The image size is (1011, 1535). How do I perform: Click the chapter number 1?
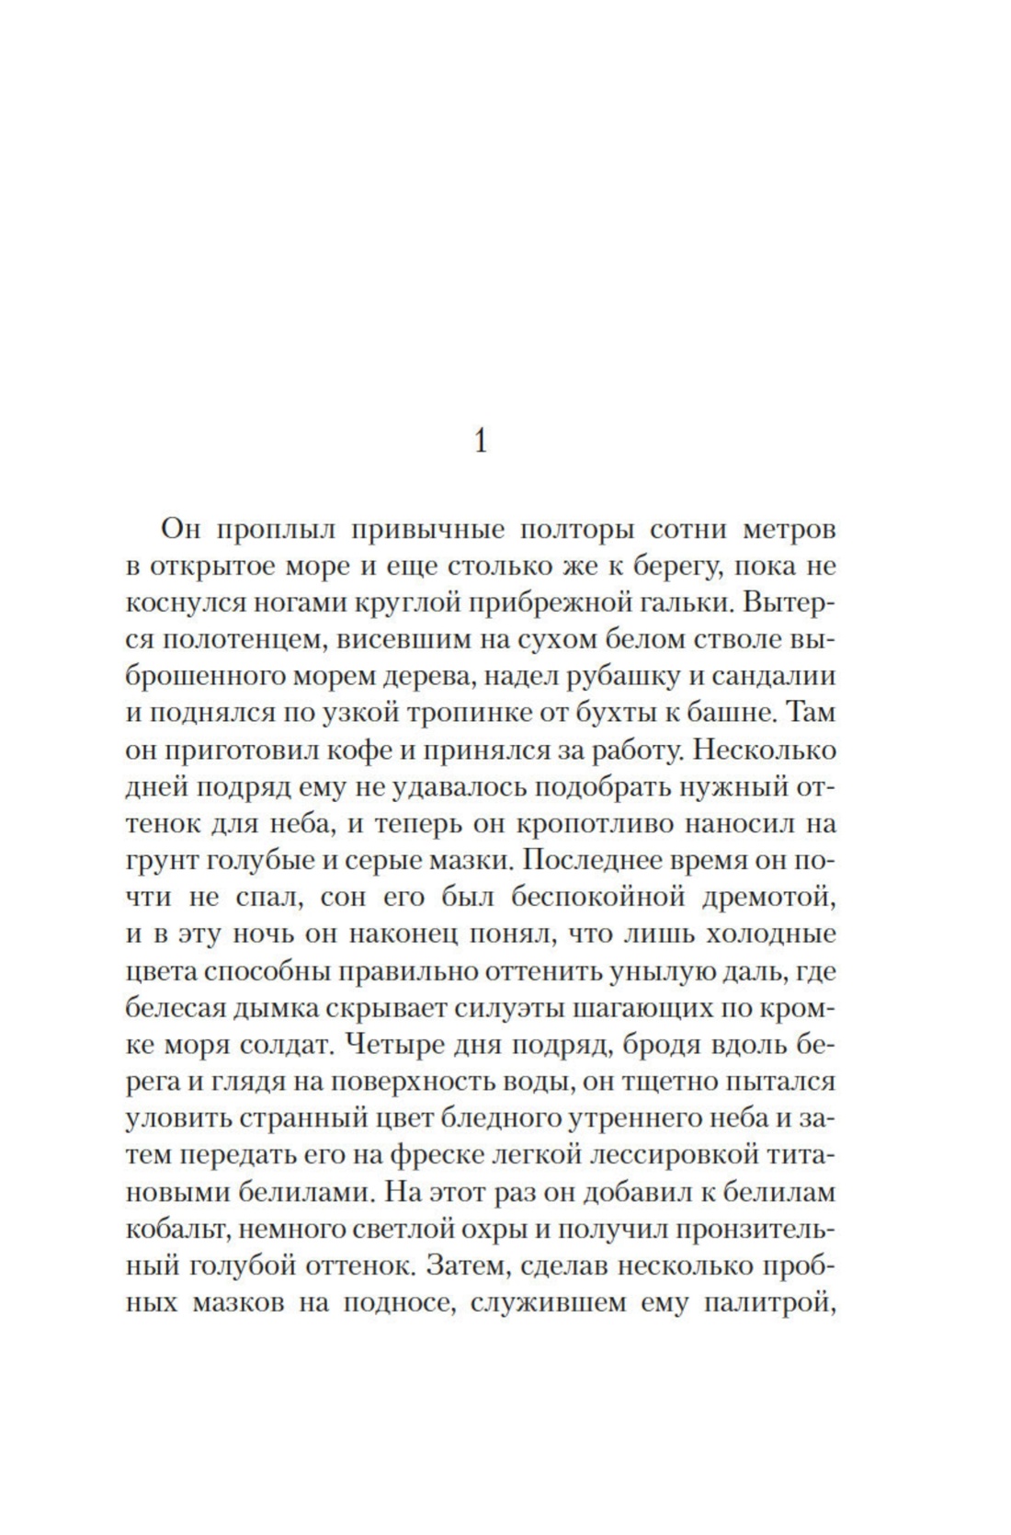point(480,441)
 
